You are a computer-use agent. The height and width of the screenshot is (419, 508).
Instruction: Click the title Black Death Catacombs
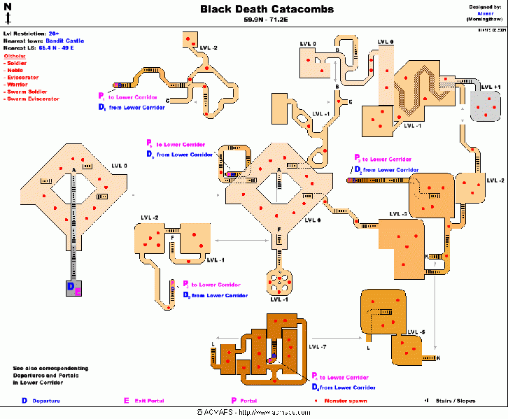tap(267, 9)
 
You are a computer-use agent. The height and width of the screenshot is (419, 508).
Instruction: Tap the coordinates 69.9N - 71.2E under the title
tap(267, 20)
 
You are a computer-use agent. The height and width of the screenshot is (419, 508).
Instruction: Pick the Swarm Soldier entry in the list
tap(25, 92)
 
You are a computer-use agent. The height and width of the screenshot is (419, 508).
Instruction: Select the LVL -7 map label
tap(318, 347)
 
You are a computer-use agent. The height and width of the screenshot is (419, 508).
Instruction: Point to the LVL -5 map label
tap(417, 332)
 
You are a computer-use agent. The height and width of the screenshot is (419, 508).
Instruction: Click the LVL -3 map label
tap(400, 213)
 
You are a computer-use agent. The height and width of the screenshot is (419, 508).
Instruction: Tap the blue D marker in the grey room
tap(70, 286)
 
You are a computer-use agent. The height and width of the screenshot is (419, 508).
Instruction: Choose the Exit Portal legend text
tap(148, 401)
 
